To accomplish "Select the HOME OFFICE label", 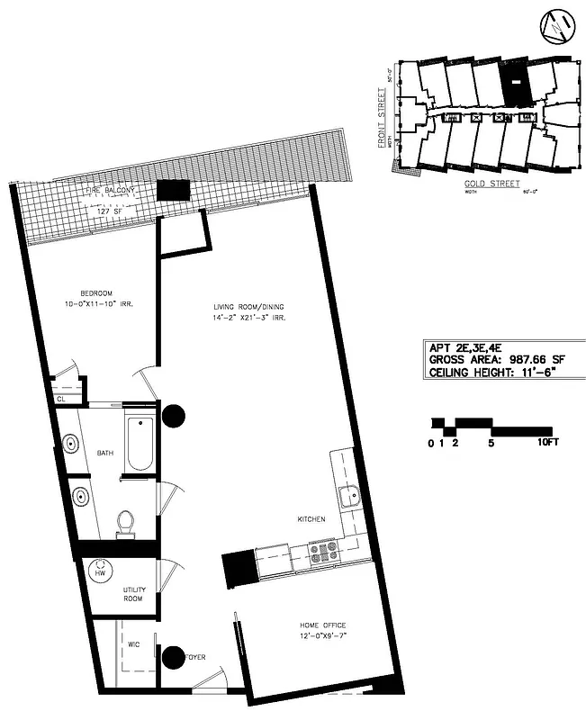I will pos(322,625).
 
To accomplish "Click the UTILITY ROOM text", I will pos(135,594).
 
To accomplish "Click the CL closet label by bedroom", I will pos(61,399).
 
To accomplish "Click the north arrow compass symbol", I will pos(556,29).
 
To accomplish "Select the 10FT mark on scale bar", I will pos(548,443).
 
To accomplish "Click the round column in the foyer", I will pos(172,658).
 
